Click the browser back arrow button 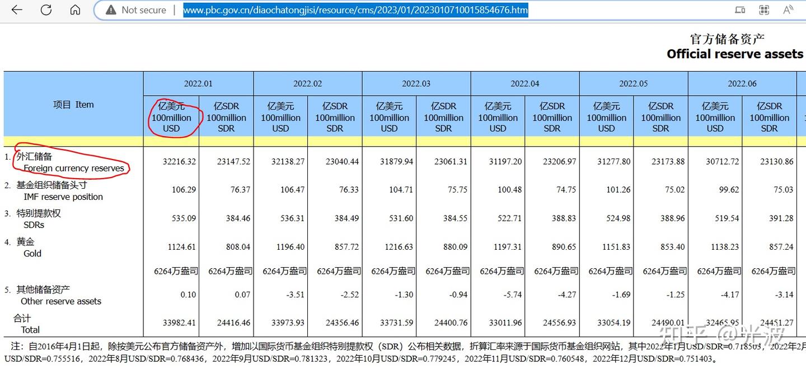click(x=17, y=10)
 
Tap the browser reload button click(x=46, y=10)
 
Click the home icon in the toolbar click(x=75, y=10)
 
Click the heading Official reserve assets click(x=734, y=54)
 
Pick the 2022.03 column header click(x=416, y=84)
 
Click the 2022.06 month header click(x=742, y=84)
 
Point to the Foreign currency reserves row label click(x=73, y=168)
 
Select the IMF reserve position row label click(x=63, y=197)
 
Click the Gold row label click(x=32, y=253)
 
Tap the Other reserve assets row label click(x=61, y=301)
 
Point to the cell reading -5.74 click(x=512, y=295)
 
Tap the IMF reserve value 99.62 click(x=729, y=190)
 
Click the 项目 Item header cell click(x=73, y=105)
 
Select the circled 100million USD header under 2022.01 click(x=171, y=118)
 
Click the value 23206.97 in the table click(x=559, y=162)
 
